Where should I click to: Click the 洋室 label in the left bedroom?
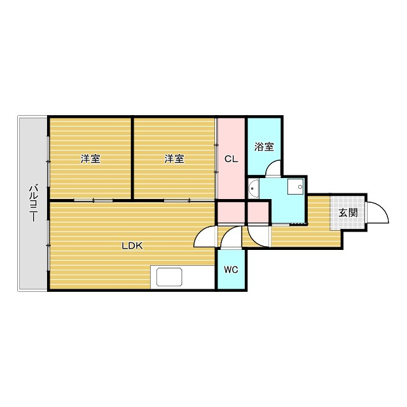coord(90,159)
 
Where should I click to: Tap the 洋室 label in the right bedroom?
coord(174,159)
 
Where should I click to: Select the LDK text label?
coord(132,245)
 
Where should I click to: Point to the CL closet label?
coord(231,159)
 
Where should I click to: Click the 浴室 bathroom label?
coord(264,147)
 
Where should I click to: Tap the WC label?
coord(231,270)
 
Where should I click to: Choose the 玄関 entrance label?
coord(348,212)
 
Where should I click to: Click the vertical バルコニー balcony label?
coord(33,203)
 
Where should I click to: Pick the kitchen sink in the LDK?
coord(170,277)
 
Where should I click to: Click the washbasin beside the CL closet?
coord(253,188)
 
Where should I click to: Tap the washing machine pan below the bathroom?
coord(296,187)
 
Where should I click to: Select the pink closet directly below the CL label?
coord(231,212)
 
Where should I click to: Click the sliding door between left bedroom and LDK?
coord(93,200)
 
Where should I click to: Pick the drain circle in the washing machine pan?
coord(300,187)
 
